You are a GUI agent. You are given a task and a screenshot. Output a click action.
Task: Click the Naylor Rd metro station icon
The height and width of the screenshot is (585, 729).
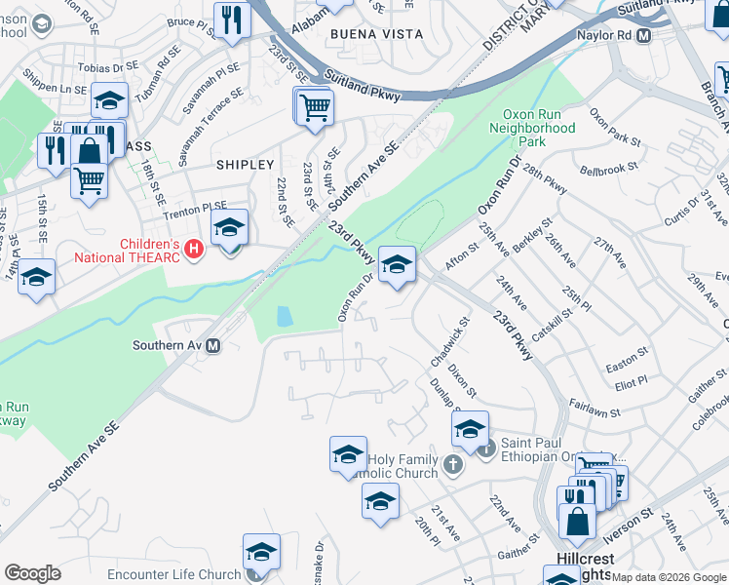click(643, 35)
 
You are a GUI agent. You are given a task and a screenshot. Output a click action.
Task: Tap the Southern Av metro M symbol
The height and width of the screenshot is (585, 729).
click(212, 345)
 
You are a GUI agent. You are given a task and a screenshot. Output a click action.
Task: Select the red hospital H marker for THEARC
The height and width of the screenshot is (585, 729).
click(193, 251)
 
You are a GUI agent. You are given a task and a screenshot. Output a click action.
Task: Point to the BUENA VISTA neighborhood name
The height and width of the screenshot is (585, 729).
click(377, 34)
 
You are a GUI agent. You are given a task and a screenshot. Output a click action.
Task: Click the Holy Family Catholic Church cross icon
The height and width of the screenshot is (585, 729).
click(452, 463)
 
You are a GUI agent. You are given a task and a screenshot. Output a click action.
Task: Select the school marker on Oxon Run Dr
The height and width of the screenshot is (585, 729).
click(398, 264)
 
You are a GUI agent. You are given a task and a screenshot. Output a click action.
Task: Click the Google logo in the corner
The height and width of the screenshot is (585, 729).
click(32, 573)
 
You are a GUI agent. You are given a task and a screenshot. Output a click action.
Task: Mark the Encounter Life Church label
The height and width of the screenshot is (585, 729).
click(174, 574)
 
